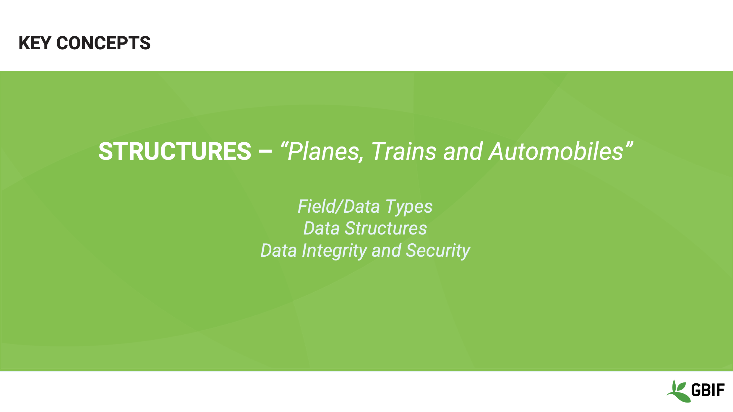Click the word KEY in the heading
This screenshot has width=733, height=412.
pyautogui.click(x=35, y=43)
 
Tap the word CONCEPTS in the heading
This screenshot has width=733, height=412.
pyautogui.click(x=103, y=43)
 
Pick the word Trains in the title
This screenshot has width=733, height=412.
pyautogui.click(x=404, y=152)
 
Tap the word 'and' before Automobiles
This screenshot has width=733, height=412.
pyautogui.click(x=463, y=152)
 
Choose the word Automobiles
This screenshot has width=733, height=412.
pyautogui.click(x=556, y=152)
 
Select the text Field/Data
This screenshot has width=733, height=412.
pyautogui.click(x=339, y=206)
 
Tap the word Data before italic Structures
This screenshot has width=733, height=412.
pyautogui.click(x=322, y=229)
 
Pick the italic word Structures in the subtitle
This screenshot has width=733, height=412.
pyautogui.click(x=386, y=229)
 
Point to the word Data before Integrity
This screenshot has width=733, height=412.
pyautogui.click(x=278, y=251)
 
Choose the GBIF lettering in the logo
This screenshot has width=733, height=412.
pyautogui.click(x=708, y=390)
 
